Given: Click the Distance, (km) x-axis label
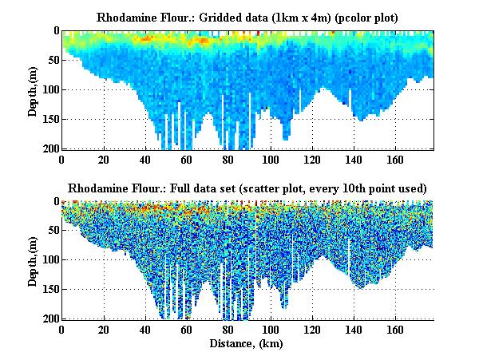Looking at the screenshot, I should pyautogui.click(x=247, y=344).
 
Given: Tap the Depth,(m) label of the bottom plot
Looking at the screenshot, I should pyautogui.click(x=33, y=261).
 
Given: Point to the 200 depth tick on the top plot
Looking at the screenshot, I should pyautogui.click(x=49, y=149).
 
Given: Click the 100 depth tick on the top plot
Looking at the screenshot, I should pyautogui.click(x=49, y=89).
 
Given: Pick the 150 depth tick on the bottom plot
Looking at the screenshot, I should pyautogui.click(x=49, y=290).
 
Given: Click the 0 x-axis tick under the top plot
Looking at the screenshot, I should pyautogui.click(x=61, y=159).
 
